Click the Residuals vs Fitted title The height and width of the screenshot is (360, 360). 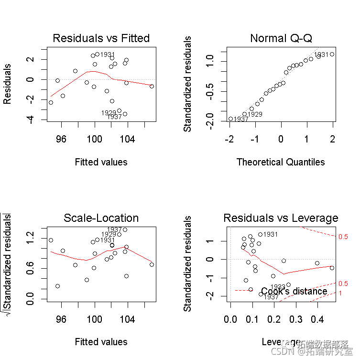pos(101,38)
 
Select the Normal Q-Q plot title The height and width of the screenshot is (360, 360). pos(281,38)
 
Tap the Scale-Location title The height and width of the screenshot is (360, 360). pos(101,218)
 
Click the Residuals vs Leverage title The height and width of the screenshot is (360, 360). pos(281,218)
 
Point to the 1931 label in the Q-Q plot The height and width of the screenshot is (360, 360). pos(321,55)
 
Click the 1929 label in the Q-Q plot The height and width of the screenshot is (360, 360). pos(255,114)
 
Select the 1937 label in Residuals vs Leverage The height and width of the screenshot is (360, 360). pos(271,297)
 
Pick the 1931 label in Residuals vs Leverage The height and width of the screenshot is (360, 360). pos(271,234)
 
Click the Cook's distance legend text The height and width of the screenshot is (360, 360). pos(294,291)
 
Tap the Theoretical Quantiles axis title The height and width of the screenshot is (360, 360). pos(281,162)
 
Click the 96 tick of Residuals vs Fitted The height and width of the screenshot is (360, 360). pos(61,139)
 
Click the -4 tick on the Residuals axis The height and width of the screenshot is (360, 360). pos(30,120)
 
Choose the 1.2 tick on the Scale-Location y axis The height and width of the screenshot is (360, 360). pos(30,235)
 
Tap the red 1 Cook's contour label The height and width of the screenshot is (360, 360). pos(340,293)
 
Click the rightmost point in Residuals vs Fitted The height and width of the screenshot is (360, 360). pos(152,86)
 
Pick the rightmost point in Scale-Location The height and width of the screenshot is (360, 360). pos(152,264)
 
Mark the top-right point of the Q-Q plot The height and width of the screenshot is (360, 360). pos(332,54)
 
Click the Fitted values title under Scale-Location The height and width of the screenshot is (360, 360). pos(101,342)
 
